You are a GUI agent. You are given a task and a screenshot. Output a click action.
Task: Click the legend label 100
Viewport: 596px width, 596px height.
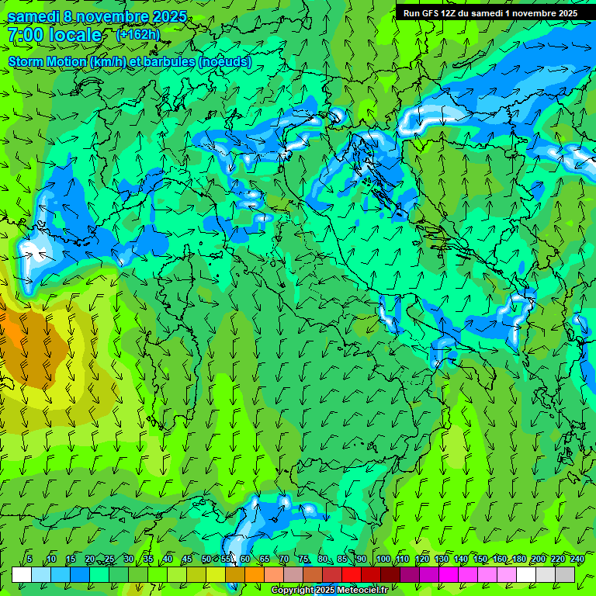383,559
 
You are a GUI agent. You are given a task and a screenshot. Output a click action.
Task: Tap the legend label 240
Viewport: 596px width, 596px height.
577,559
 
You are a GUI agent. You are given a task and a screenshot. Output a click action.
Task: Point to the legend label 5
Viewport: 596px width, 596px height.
29,559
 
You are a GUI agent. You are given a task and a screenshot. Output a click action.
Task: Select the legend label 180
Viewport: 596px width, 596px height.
518,559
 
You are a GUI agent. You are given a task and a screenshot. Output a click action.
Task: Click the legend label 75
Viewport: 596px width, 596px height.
303,559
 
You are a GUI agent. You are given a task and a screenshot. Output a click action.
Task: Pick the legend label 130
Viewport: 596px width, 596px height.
442,559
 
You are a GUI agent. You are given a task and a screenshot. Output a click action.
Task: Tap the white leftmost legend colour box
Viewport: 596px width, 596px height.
21,574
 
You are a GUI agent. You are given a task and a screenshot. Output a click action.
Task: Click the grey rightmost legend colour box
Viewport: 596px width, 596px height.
566,574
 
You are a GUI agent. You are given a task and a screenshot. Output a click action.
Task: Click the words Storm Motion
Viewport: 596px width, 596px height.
48,62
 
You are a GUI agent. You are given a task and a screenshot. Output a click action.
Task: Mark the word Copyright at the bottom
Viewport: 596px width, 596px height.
293,591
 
